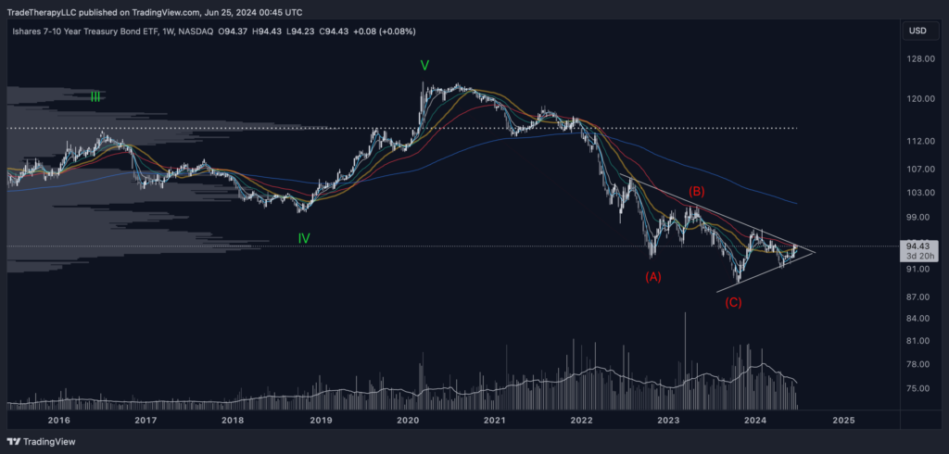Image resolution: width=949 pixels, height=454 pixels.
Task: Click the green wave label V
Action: click(424, 66)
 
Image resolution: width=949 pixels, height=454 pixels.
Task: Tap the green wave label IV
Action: click(304, 238)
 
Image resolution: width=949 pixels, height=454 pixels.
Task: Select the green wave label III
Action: click(95, 95)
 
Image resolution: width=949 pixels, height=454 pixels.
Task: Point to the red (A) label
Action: click(653, 276)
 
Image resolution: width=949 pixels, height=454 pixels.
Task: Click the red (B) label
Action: click(697, 192)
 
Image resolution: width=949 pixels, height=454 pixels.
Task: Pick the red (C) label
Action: click(733, 303)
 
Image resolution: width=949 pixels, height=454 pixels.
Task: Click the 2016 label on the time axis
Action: click(58, 420)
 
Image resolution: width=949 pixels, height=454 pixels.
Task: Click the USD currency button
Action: click(917, 31)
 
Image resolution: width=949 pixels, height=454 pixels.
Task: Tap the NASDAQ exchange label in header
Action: click(195, 32)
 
